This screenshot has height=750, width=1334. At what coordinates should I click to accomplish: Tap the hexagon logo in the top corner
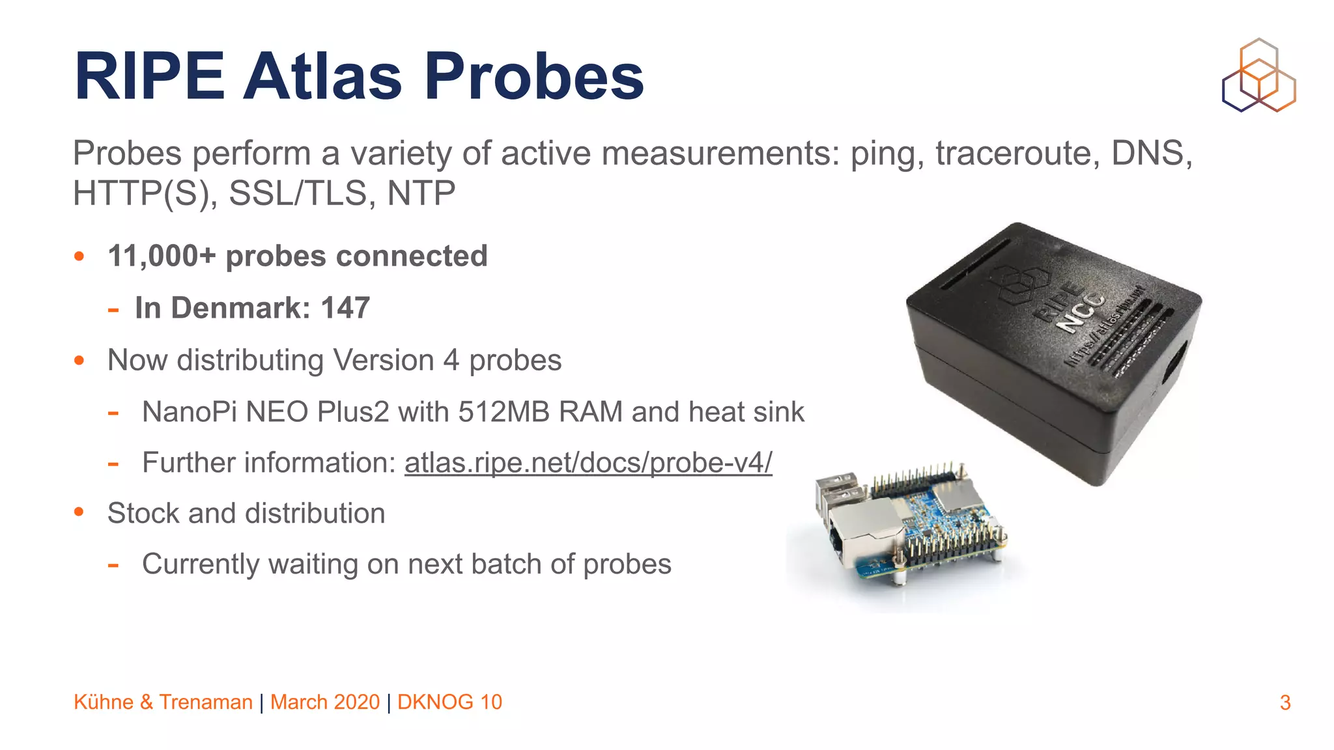pos(1258,76)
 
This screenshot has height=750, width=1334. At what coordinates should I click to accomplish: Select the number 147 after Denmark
pos(345,308)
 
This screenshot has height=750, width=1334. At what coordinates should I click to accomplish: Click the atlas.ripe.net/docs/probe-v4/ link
pos(588,463)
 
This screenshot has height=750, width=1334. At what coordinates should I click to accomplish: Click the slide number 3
pos(1284,702)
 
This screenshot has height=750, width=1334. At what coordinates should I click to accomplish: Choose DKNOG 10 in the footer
pos(449,702)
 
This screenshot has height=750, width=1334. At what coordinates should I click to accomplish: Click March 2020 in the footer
pos(324,702)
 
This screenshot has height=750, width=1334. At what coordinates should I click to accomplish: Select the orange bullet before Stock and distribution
pos(79,512)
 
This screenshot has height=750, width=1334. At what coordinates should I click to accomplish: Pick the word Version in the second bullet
pos(383,360)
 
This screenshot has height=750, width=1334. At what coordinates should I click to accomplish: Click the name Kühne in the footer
pos(104,702)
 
